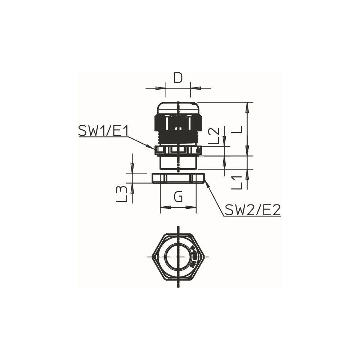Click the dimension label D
178,78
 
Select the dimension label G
178,197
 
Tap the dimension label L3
121,194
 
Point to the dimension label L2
214,136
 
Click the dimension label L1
237,183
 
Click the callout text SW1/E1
103,131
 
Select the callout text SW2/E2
253,210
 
